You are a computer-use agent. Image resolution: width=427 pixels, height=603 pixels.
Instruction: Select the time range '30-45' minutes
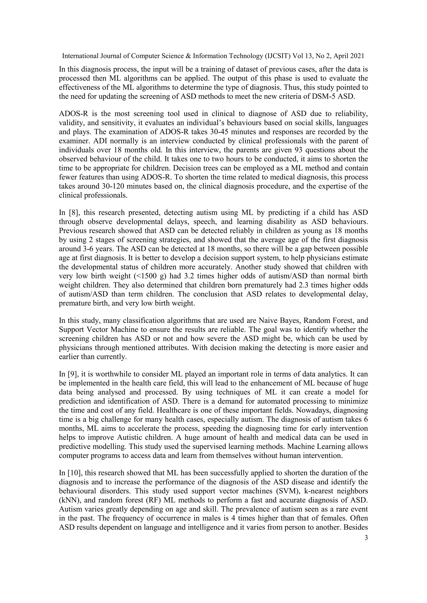click(x=220, y=132)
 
